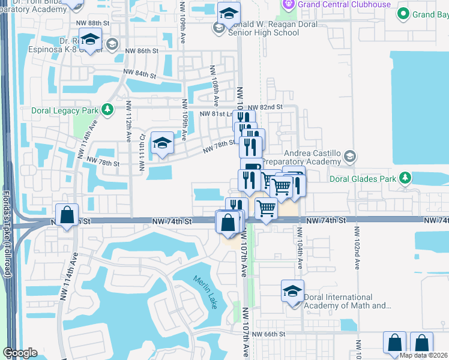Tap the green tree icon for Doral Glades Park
(405, 178)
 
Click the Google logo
(20, 353)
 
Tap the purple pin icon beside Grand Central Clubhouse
(288, 4)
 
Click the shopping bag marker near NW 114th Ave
(67, 214)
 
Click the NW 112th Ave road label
(128, 121)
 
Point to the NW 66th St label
(268, 334)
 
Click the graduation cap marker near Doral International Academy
(292, 291)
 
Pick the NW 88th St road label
(93, 23)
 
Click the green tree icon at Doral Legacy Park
(107, 110)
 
